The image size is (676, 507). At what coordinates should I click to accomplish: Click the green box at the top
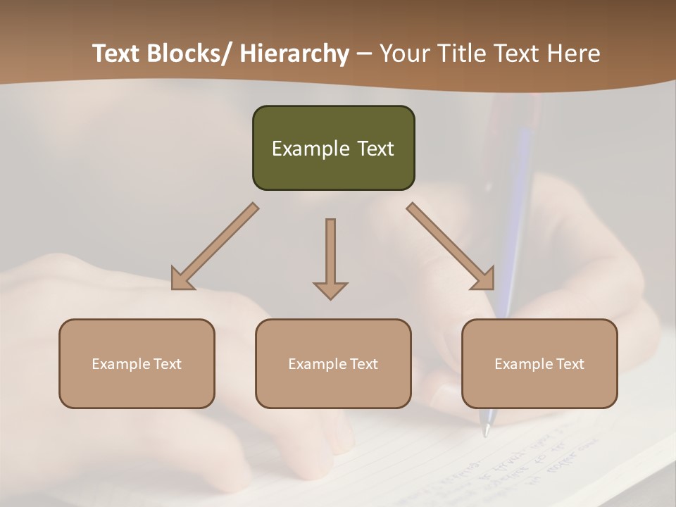[x=333, y=148]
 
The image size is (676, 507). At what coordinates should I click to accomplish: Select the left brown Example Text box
[x=137, y=363]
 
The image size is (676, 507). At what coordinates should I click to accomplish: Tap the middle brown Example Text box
[x=333, y=363]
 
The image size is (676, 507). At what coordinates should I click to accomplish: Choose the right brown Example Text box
[x=539, y=363]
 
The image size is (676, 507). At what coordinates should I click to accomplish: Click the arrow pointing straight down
[x=330, y=257]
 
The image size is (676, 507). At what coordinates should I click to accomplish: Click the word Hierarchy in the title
[x=294, y=54]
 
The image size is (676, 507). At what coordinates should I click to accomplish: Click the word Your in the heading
[x=404, y=54]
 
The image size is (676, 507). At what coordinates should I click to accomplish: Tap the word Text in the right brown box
[x=570, y=363]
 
